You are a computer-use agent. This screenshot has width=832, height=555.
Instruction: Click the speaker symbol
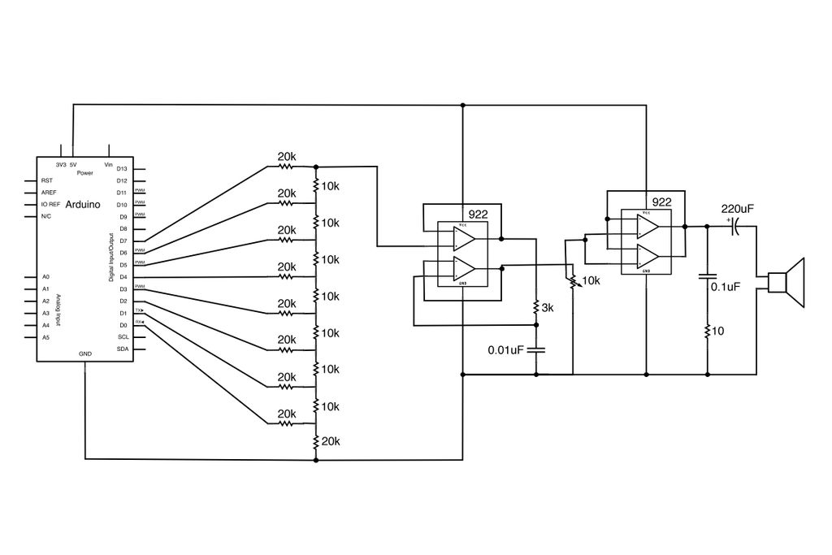pyautogui.click(x=787, y=283)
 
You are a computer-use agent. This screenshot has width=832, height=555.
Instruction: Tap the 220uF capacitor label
pyautogui.click(x=737, y=209)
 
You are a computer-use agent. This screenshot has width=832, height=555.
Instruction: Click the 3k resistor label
pyautogui.click(x=548, y=308)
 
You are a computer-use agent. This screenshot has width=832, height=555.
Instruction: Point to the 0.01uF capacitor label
pyautogui.click(x=505, y=350)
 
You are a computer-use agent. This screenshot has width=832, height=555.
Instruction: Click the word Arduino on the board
pyautogui.click(x=82, y=205)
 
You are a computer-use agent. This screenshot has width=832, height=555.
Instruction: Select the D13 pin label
pyautogui.click(x=122, y=168)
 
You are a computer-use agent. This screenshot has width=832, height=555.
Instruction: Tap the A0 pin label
pyautogui.click(x=45, y=277)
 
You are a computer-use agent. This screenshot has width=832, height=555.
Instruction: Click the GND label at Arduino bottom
pyautogui.click(x=85, y=354)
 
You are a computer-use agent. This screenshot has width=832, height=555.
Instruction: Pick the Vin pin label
pyautogui.click(x=108, y=164)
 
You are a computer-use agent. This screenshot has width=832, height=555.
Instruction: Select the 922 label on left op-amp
pyautogui.click(x=478, y=215)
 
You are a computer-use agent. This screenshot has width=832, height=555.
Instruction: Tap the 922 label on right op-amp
pyautogui.click(x=661, y=202)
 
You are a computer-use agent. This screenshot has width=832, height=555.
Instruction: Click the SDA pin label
pyautogui.click(x=123, y=349)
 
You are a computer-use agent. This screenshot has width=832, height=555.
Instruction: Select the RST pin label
pyautogui.click(x=46, y=180)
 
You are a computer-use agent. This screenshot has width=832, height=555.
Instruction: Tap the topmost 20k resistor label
pyautogui.click(x=287, y=156)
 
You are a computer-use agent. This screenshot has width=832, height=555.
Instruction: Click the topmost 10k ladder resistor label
pyautogui.click(x=331, y=185)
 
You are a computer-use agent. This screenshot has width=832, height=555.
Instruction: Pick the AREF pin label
pyautogui.click(x=49, y=193)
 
